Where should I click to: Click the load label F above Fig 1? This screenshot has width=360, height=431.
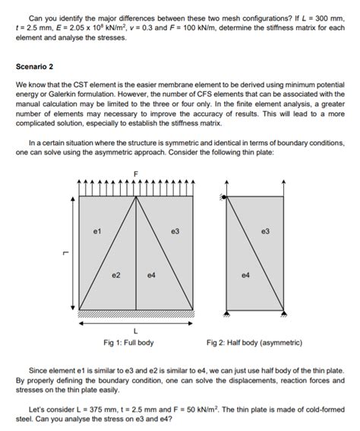tap(137, 174)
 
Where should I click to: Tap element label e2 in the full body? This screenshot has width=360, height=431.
tap(115, 274)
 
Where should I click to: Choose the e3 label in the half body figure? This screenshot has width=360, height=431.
tap(265, 229)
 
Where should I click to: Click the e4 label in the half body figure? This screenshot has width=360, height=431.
tap(243, 274)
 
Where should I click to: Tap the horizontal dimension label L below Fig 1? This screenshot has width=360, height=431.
tap(136, 331)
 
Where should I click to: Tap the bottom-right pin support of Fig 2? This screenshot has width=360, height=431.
tap(283, 312)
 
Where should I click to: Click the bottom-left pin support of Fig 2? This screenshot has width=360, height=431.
tap(226, 312)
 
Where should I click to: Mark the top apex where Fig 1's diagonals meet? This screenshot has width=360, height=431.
tap(137, 197)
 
